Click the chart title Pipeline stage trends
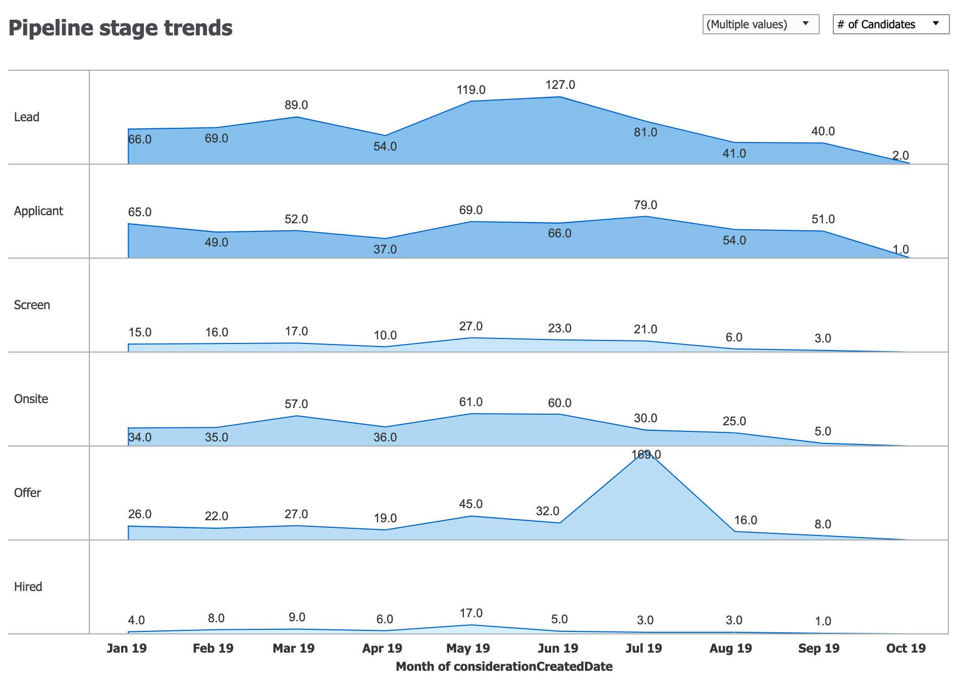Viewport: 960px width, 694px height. point(121,28)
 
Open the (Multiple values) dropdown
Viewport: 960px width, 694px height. point(760,24)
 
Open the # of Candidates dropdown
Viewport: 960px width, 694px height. point(890,24)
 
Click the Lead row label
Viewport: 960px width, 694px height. point(27,117)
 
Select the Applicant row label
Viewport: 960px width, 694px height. point(38,211)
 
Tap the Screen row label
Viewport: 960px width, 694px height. point(32,305)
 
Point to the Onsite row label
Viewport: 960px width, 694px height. point(31,399)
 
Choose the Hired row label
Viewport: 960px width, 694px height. point(28,587)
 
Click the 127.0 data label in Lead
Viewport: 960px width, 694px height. point(560,85)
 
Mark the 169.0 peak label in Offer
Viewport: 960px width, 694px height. point(646,455)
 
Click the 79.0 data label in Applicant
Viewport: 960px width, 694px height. point(646,205)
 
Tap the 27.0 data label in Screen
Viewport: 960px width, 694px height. point(471,326)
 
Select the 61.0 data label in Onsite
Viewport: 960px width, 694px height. point(471,402)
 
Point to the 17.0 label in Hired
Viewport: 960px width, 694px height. point(471,613)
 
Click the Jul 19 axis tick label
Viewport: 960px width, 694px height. point(644,648)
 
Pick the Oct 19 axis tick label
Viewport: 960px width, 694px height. point(905,648)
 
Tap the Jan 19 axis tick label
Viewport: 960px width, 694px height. point(127,648)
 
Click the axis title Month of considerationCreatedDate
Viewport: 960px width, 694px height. point(504,666)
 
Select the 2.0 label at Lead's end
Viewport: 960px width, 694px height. point(900,156)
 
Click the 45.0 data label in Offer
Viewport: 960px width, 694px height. point(471,504)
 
